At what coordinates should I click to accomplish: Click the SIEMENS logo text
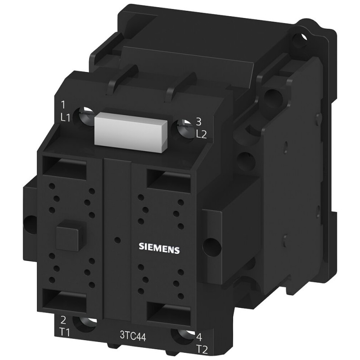pyautogui.click(x=159, y=248)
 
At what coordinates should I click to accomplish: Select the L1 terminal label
pyautogui.click(x=65, y=118)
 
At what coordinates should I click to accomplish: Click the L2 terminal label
pyautogui.click(x=202, y=135)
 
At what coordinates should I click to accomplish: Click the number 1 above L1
pyautogui.click(x=63, y=105)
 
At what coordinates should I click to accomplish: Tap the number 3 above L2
pyautogui.click(x=198, y=122)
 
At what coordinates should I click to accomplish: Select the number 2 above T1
pyautogui.click(x=63, y=320)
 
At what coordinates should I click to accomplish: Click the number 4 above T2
pyautogui.click(x=199, y=337)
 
